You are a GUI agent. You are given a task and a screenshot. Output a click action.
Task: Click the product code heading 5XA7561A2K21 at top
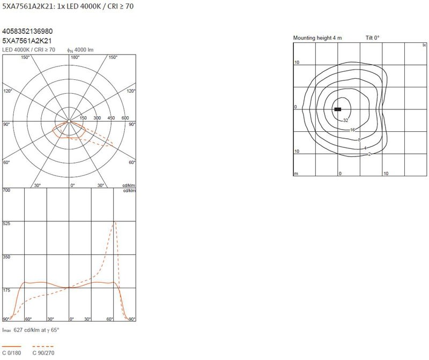point(27,6)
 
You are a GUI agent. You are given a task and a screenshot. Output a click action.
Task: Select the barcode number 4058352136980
point(27,31)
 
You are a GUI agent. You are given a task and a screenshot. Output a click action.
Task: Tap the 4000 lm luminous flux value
point(84,50)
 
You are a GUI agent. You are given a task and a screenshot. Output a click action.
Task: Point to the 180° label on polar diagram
point(75,57)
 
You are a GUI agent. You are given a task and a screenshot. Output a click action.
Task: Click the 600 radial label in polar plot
point(125,118)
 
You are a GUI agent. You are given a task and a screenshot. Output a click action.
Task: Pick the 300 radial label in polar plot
point(97,118)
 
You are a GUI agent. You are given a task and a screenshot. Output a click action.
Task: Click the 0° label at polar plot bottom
point(72,185)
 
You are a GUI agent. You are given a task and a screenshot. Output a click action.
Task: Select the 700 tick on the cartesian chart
point(6,190)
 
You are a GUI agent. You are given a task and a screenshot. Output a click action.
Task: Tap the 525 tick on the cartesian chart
point(6,223)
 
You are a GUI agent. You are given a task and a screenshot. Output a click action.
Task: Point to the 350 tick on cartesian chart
point(6,257)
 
